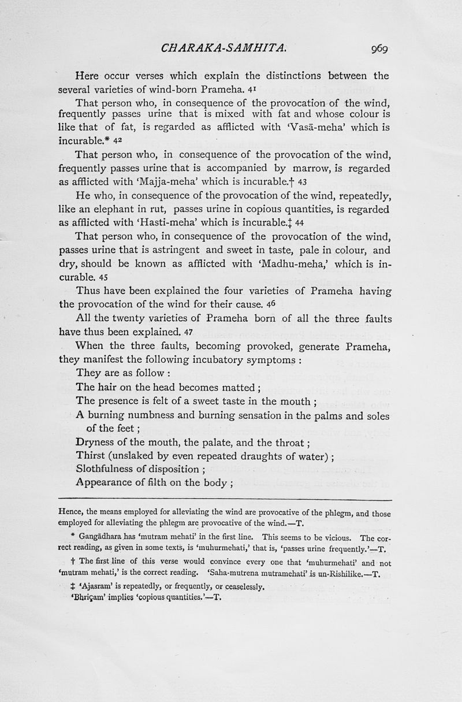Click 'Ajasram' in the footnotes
tap(87, 588)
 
